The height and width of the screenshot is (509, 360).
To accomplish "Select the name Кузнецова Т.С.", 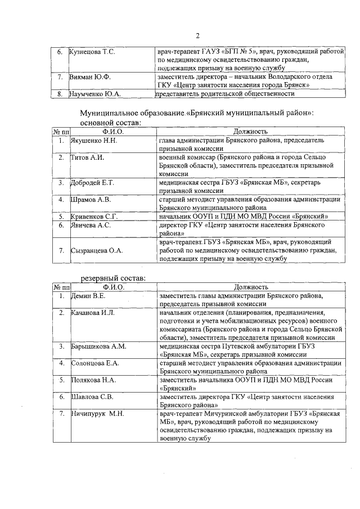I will click(92, 52).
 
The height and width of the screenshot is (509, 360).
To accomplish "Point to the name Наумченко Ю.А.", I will click(94, 93).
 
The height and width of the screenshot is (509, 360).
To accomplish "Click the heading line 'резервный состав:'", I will click(113, 278).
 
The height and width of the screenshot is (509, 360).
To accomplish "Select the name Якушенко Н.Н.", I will click(93, 140).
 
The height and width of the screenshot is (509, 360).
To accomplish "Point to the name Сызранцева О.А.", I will click(96, 250).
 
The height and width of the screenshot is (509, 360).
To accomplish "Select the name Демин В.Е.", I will click(88, 295).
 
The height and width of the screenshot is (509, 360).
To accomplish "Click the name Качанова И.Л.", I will click(92, 312).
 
